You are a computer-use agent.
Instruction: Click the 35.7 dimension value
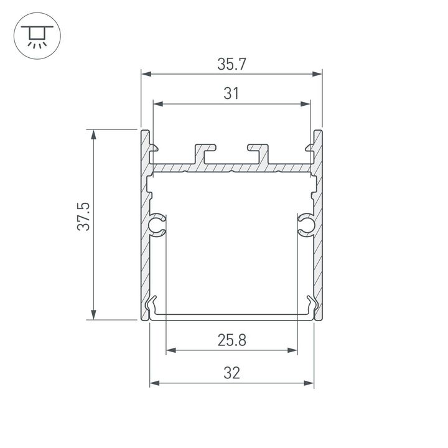231,63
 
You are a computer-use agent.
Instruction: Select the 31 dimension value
231,94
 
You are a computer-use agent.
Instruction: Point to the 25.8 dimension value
231,340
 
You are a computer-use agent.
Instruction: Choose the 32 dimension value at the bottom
231,373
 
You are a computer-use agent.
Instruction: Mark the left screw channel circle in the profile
157,225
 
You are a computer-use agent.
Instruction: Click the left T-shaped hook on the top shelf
205,153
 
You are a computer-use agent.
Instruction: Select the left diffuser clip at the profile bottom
152,307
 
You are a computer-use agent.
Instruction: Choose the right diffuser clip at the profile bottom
310,307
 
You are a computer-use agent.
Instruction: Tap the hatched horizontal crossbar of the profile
231,169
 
